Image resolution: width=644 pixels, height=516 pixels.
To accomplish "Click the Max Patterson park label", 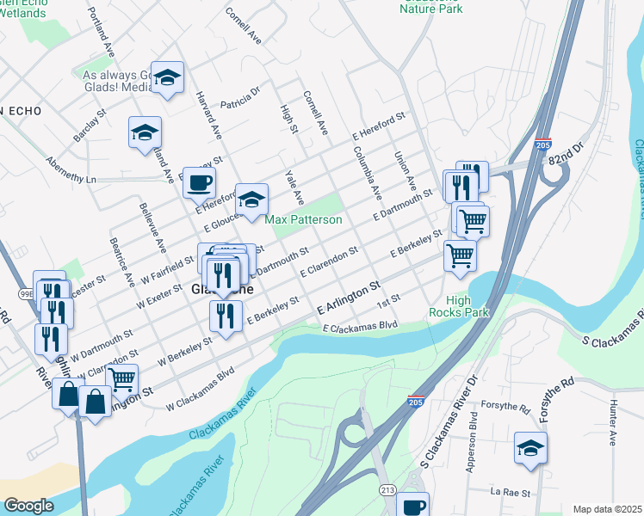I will pos(303,220).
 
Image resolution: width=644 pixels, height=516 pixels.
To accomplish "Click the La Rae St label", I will pos(507,493).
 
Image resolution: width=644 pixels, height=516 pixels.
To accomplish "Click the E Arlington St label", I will pos(348,297).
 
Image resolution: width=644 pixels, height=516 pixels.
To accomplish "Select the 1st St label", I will pos(389,305).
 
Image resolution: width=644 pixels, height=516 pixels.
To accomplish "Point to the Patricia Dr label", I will pos(240,97).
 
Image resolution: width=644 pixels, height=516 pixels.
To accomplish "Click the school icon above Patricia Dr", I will pos(168,77).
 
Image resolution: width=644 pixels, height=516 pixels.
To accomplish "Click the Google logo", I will pos(28,506).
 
